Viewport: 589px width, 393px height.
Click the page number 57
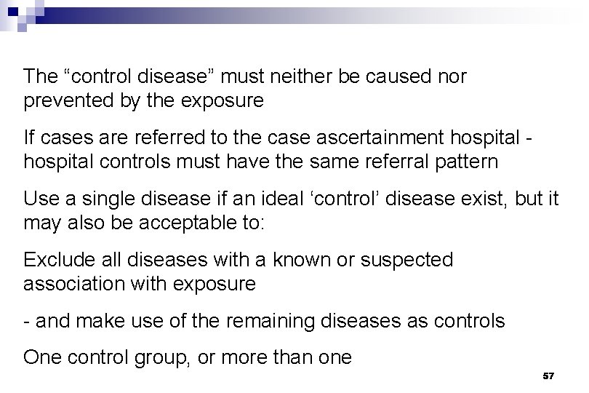549,376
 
